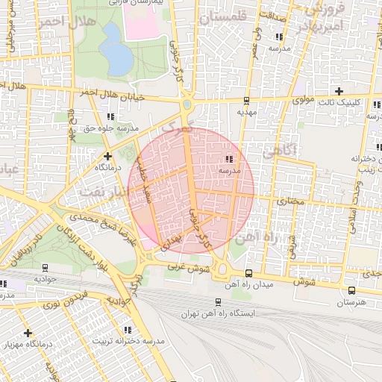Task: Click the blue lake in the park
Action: [x=115, y=49]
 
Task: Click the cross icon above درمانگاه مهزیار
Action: [x=28, y=332]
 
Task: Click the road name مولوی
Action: [x=304, y=98]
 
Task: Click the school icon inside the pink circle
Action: [x=228, y=159]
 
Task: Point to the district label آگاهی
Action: [x=279, y=151]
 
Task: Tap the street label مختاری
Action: [x=291, y=201]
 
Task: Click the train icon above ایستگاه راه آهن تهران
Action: [x=218, y=302]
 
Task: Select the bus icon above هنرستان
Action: [x=349, y=290]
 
